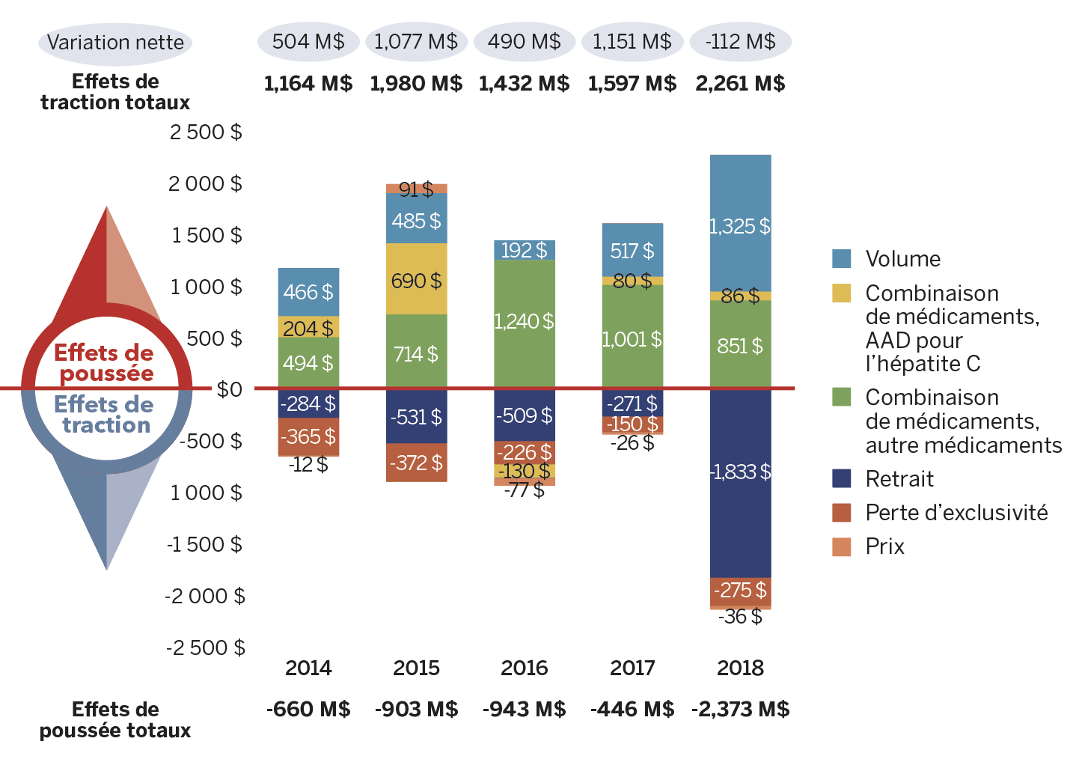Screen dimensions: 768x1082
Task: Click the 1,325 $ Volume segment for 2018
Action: [740, 225]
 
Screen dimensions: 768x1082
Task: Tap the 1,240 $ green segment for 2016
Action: [524, 323]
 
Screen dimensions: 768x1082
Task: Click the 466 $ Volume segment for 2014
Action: [308, 291]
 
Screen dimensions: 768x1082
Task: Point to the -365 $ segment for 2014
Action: [308, 436]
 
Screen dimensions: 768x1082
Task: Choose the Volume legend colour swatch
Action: [842, 259]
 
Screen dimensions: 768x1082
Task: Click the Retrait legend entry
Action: [899, 479]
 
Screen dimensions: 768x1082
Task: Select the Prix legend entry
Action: [884, 546]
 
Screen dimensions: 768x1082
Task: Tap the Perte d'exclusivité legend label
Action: [956, 513]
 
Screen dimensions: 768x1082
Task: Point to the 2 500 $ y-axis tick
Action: [206, 132]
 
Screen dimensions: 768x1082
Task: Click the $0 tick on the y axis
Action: [229, 389]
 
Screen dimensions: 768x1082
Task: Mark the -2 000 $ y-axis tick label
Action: [205, 596]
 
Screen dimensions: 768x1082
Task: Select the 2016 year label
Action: [524, 668]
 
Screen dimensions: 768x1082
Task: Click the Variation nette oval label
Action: [115, 42]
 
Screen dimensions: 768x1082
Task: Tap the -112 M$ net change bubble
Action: [740, 41]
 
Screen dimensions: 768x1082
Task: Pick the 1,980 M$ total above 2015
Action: [416, 83]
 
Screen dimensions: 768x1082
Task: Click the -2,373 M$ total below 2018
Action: [740, 709]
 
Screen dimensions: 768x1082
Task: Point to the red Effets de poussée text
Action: [104, 362]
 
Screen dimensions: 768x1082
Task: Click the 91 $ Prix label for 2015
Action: [416, 189]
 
